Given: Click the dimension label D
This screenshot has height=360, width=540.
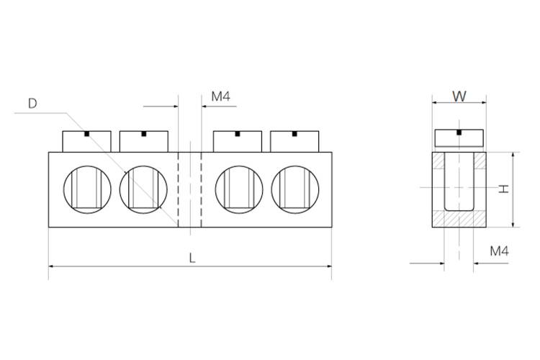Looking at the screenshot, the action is click(x=32, y=104).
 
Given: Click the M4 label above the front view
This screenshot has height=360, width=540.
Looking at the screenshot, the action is click(x=221, y=96).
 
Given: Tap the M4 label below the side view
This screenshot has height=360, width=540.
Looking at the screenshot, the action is click(x=500, y=251).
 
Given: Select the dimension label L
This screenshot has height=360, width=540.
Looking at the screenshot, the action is click(x=192, y=258).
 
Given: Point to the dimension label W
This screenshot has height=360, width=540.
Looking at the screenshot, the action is click(x=459, y=96).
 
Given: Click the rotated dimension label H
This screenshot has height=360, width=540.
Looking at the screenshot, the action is click(x=504, y=189).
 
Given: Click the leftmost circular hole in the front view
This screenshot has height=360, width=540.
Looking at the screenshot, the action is click(x=87, y=189).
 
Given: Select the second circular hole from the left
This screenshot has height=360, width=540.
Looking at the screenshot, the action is click(x=143, y=189).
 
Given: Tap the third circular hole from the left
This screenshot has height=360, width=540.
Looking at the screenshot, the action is click(x=239, y=189).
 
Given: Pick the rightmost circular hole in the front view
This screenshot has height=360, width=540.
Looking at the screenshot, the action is click(x=295, y=189).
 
